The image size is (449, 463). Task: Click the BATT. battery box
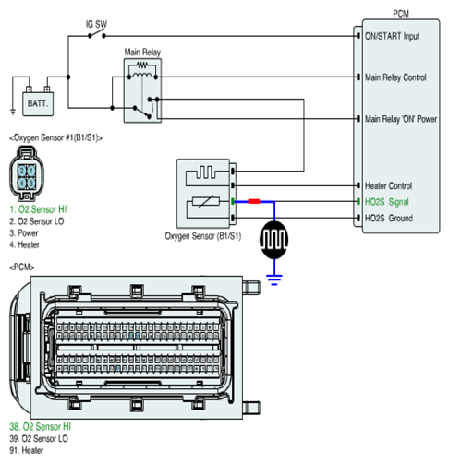tap(38, 103)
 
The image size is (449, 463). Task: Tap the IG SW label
tap(96, 24)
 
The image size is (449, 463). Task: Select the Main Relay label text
tap(142, 52)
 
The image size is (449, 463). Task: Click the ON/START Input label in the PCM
tap(392, 36)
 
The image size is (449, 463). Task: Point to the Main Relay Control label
tap(395, 77)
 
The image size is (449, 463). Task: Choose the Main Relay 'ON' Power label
tap(401, 119)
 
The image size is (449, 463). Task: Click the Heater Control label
tap(388, 185)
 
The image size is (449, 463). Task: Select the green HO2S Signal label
tap(387, 202)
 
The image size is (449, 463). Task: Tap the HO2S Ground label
tap(389, 219)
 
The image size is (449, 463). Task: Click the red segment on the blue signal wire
tap(254, 201)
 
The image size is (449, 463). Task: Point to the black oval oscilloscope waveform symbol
tap(273, 240)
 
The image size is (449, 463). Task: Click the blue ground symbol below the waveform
tap(274, 279)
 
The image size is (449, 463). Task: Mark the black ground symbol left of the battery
tap(13, 112)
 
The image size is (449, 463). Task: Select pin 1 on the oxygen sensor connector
tap(31, 171)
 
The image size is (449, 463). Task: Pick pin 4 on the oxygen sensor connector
tap(21, 184)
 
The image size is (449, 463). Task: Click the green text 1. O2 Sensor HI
tap(38, 209)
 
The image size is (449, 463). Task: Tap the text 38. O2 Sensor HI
tap(40, 427)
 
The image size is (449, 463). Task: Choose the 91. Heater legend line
tap(27, 450)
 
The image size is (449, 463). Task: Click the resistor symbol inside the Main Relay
tap(142, 65)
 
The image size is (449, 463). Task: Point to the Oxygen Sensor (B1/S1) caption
tap(203, 236)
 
